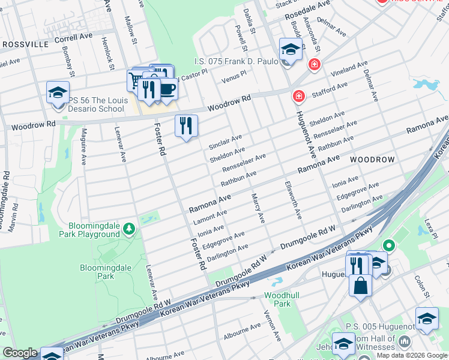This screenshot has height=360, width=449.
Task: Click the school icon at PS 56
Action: [58, 92]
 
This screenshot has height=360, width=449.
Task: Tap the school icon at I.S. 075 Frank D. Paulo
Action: [290, 50]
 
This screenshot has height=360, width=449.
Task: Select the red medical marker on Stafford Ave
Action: [298, 96]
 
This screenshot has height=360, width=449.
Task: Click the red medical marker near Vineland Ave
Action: [313, 65]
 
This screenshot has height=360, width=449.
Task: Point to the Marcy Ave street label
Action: [258, 208]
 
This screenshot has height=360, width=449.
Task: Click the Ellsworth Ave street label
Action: [292, 200]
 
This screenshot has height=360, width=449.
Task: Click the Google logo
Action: [20, 353]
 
